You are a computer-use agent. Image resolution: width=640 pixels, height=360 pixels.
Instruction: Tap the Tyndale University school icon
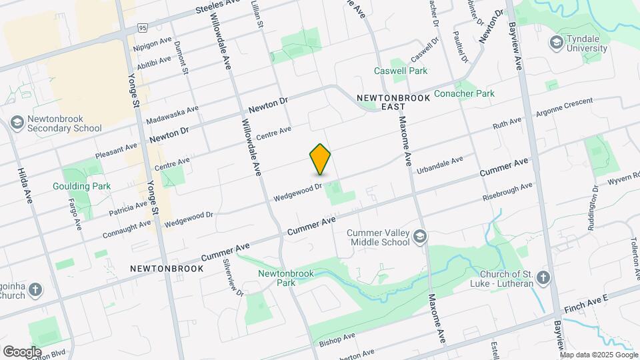[x=555, y=43]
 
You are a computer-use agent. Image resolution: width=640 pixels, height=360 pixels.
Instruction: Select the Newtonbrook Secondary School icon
[x=17, y=123]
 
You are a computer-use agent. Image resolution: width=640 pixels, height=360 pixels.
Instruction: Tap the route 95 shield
[x=143, y=28]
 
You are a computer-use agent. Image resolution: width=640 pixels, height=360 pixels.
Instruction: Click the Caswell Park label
[x=400, y=70]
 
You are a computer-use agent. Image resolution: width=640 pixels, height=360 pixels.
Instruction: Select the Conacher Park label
[x=464, y=93]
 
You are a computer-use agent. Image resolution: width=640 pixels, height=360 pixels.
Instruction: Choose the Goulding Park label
[x=82, y=186]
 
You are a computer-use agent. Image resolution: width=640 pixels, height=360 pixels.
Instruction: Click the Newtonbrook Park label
[x=277, y=277]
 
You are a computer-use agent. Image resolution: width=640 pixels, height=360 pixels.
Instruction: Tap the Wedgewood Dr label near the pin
[x=298, y=193]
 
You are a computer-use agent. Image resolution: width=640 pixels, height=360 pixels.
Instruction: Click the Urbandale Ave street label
[x=439, y=166]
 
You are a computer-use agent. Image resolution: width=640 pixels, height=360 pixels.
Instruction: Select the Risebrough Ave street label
[x=508, y=192]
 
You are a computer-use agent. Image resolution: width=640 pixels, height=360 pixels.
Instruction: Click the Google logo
[x=22, y=351]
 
